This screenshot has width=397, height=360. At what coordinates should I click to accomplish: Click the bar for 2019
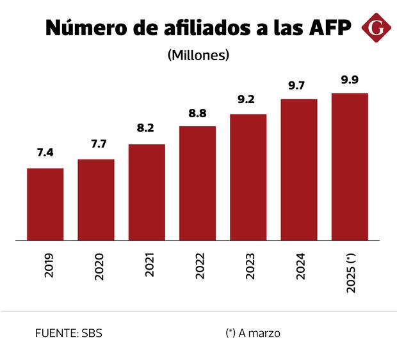coord(45,204)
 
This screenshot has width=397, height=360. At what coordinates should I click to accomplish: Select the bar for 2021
coord(147,192)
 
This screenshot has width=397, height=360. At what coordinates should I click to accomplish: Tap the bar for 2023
coord(248,177)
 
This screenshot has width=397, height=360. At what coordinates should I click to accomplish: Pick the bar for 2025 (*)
coord(350,167)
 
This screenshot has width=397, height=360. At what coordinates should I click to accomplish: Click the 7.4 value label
coord(45,153)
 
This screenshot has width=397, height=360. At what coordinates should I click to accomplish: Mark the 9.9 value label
coord(350,79)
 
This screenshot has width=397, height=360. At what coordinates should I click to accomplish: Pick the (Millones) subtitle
coord(198,55)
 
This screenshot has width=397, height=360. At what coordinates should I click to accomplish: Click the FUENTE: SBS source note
coord(69,333)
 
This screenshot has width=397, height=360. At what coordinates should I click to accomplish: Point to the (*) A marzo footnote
coord(253,333)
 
